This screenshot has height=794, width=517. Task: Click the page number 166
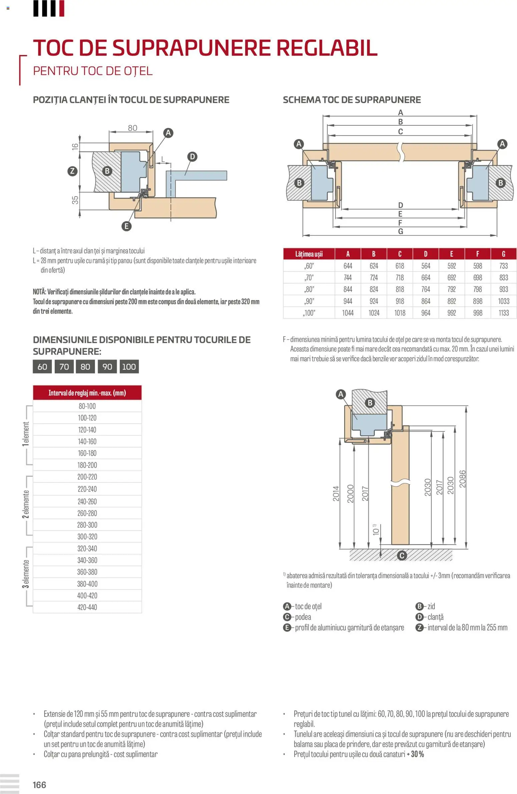(39, 785)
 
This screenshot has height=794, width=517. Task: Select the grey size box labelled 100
(128, 367)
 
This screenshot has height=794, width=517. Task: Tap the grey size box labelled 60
(42, 367)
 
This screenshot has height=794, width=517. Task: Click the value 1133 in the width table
(503, 313)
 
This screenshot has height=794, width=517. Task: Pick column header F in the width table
(477, 254)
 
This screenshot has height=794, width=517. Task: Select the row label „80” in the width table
(309, 289)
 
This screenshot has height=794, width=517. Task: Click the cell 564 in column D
(426, 266)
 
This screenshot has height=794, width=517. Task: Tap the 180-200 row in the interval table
(87, 465)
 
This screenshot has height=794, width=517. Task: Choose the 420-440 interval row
(87, 607)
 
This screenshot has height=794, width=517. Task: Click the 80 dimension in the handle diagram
(132, 128)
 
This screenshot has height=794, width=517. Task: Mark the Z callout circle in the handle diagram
(72, 171)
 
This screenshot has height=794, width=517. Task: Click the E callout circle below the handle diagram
(126, 226)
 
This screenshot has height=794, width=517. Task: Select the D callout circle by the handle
(192, 157)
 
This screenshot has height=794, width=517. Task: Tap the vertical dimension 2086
(462, 479)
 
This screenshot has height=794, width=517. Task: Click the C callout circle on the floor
(402, 555)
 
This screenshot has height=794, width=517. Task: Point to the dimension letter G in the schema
(401, 232)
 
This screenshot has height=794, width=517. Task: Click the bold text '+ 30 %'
(415, 754)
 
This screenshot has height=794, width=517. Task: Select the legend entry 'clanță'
(435, 617)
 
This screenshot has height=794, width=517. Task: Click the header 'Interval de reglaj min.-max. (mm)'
(87, 393)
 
